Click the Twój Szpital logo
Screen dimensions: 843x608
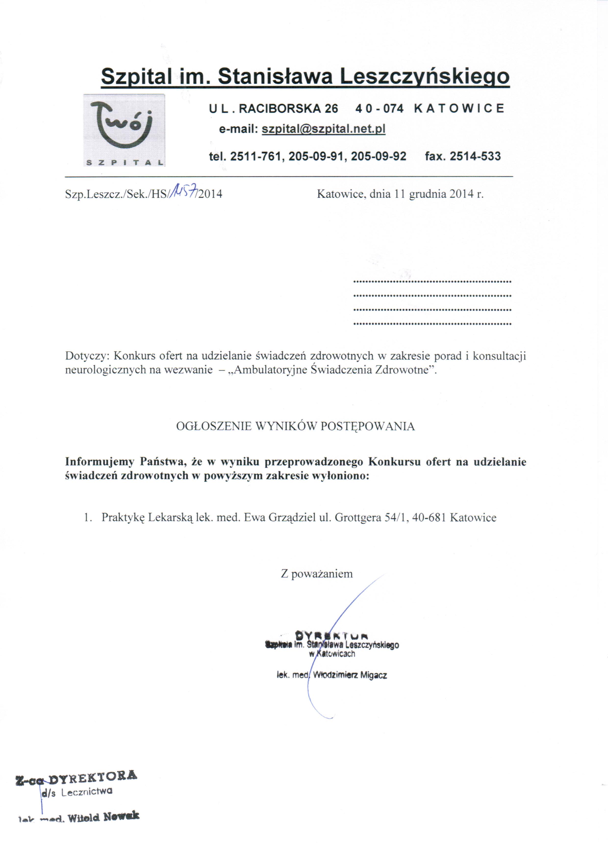[124, 130]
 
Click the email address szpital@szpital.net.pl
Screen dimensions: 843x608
[323, 129]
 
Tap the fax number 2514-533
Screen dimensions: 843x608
[475, 156]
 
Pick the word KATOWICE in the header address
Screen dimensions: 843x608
[459, 109]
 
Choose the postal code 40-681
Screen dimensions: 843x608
[429, 518]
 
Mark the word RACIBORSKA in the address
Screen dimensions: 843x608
[279, 109]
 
